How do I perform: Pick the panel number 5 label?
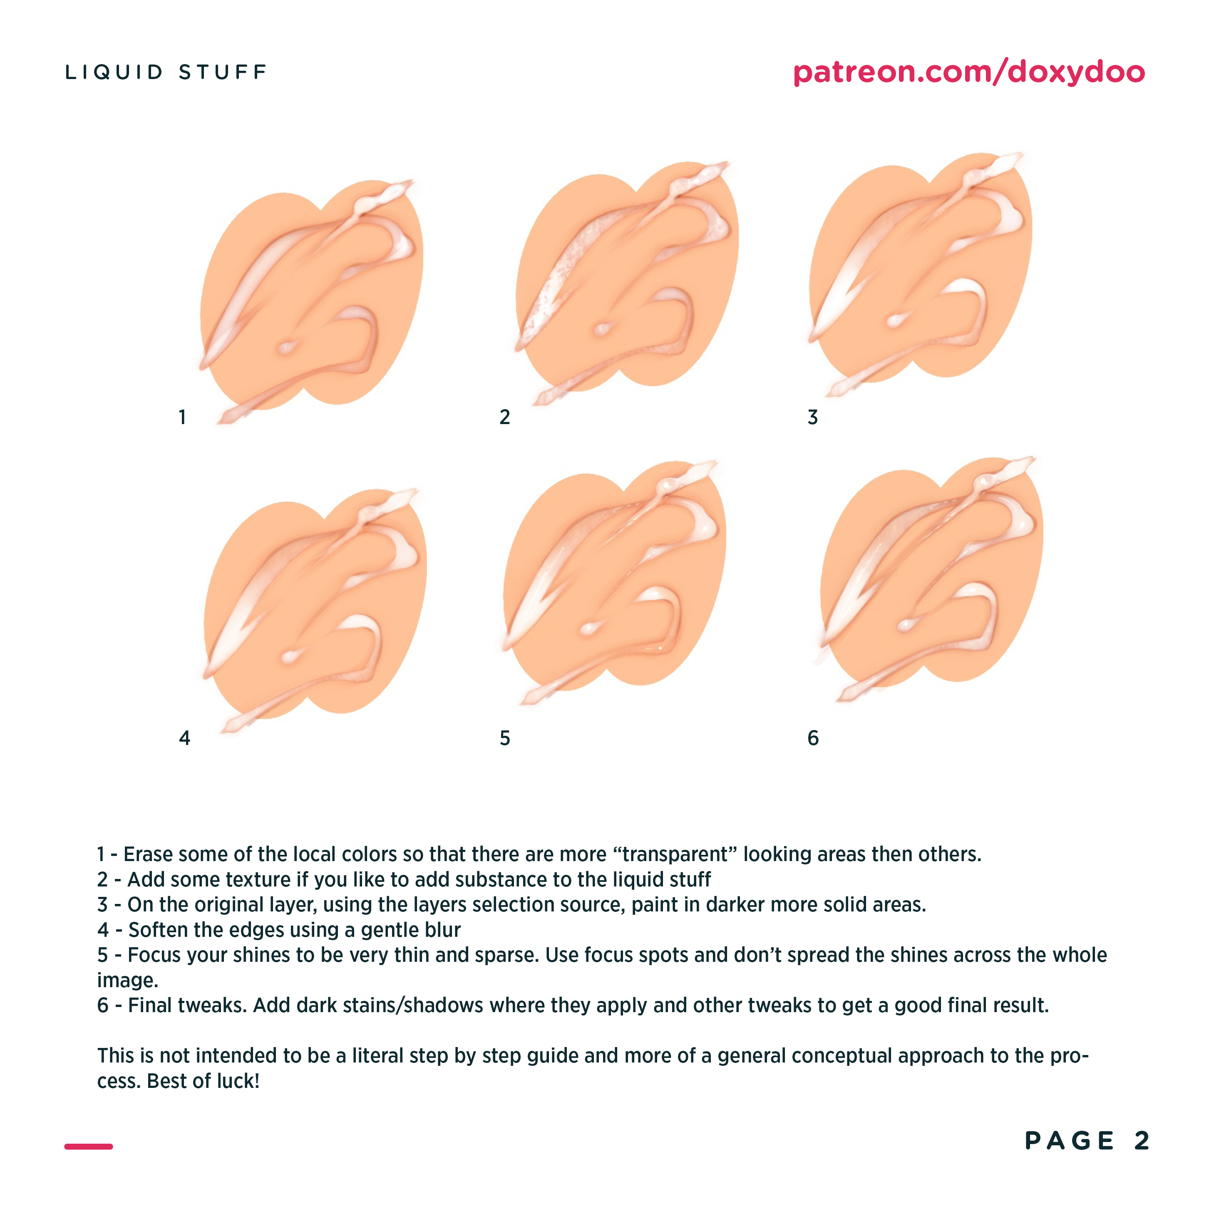(x=504, y=738)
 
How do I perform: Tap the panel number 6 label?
(x=813, y=738)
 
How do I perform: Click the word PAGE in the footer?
(x=1070, y=1140)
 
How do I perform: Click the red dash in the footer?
(x=89, y=1146)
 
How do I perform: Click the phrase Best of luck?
(x=203, y=1081)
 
